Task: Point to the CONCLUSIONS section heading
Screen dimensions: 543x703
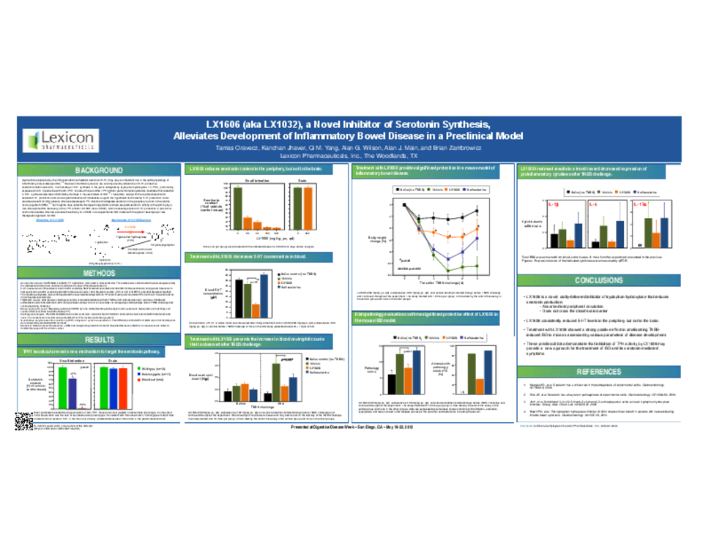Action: pos(598,280)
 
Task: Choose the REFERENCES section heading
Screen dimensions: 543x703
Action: pos(598,371)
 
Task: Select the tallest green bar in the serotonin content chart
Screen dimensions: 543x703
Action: pos(238,208)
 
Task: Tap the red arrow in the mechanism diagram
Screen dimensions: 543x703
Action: pos(132,232)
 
